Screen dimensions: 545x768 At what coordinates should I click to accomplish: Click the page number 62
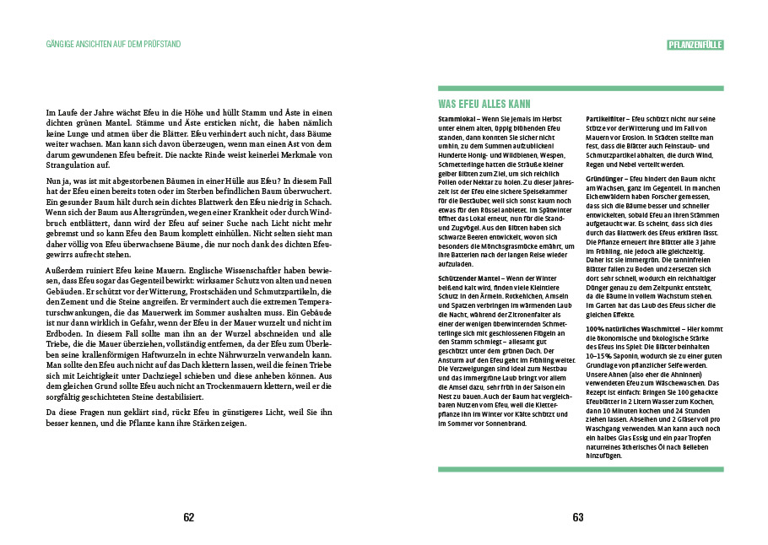(189, 518)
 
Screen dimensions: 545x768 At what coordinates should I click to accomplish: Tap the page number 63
(578, 518)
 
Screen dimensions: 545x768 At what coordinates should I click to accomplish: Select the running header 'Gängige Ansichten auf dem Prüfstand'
(113, 44)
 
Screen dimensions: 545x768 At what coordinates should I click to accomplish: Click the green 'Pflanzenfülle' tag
(695, 44)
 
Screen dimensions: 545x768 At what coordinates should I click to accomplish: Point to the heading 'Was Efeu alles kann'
(484, 105)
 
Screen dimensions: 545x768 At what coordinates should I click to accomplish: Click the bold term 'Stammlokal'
(457, 119)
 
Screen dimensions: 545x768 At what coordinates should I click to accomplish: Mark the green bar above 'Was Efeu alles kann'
(581, 88)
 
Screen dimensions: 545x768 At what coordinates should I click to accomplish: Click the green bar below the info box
(581, 469)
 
